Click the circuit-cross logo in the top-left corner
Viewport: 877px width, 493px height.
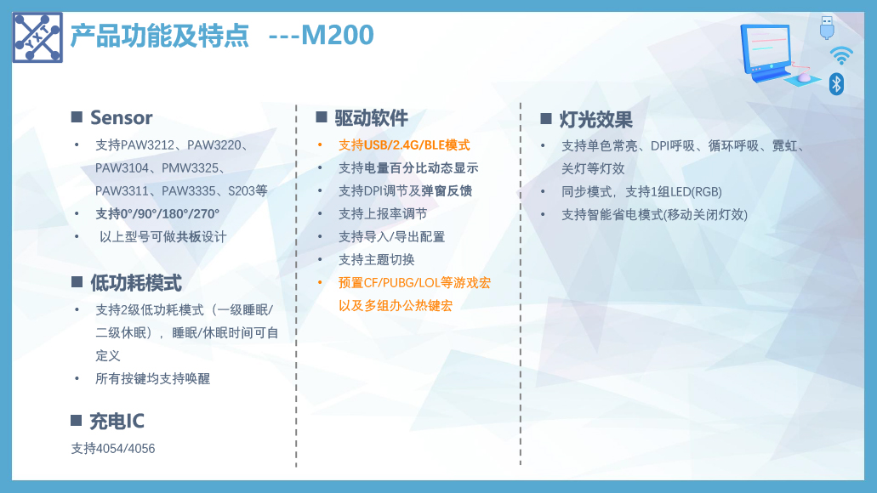click(37, 37)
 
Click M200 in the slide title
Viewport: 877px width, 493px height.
click(337, 35)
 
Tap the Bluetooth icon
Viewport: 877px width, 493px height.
click(836, 84)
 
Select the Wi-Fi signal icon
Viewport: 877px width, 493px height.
click(841, 55)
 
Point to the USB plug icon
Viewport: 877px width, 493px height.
click(827, 28)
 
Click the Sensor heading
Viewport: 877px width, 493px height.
click(122, 118)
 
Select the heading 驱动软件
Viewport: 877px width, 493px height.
click(372, 118)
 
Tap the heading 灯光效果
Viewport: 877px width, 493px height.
click(595, 120)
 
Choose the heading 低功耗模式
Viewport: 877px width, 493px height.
click(136, 283)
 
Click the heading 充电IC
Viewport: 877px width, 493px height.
click(117, 421)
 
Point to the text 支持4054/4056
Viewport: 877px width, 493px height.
click(113, 448)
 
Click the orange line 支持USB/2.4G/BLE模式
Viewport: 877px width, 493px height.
click(404, 145)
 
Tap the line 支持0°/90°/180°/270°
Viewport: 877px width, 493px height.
click(157, 214)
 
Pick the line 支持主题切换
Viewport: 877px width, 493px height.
click(377, 260)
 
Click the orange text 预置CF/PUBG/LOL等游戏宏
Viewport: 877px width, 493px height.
click(414, 283)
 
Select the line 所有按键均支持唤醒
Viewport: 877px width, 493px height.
click(153, 379)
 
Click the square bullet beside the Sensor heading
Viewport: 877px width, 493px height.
click(77, 116)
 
